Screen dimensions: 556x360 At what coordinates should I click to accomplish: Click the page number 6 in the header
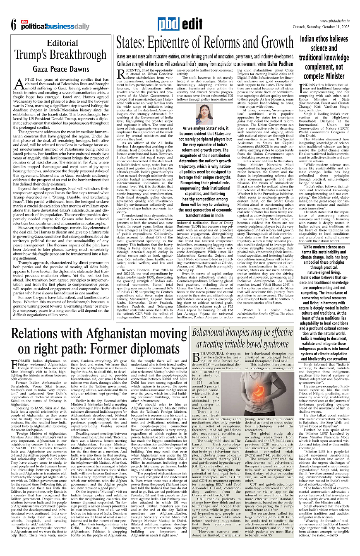(14, 25)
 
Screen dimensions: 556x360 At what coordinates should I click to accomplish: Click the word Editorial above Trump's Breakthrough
(62, 43)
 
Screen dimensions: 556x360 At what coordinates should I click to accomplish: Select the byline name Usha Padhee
(270, 64)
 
